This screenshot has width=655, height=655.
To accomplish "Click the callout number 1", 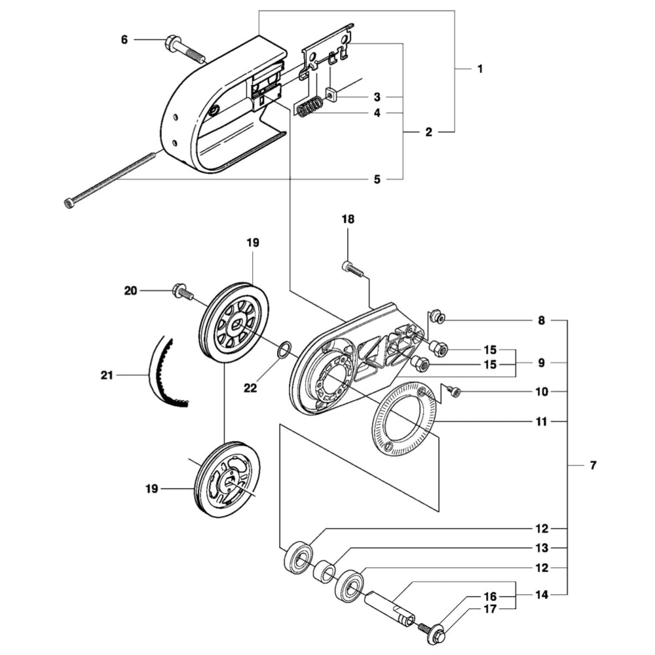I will (x=480, y=68).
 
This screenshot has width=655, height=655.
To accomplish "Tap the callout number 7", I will (x=593, y=465).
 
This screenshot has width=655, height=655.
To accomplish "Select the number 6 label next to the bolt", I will (x=124, y=40).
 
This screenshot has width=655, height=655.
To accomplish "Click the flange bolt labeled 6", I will (x=183, y=50).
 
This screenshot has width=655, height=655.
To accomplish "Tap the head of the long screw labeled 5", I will (x=69, y=203).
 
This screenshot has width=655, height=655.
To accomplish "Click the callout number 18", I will (x=348, y=219).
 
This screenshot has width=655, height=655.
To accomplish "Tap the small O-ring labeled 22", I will (x=283, y=350).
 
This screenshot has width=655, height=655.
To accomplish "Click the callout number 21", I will (x=107, y=375).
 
